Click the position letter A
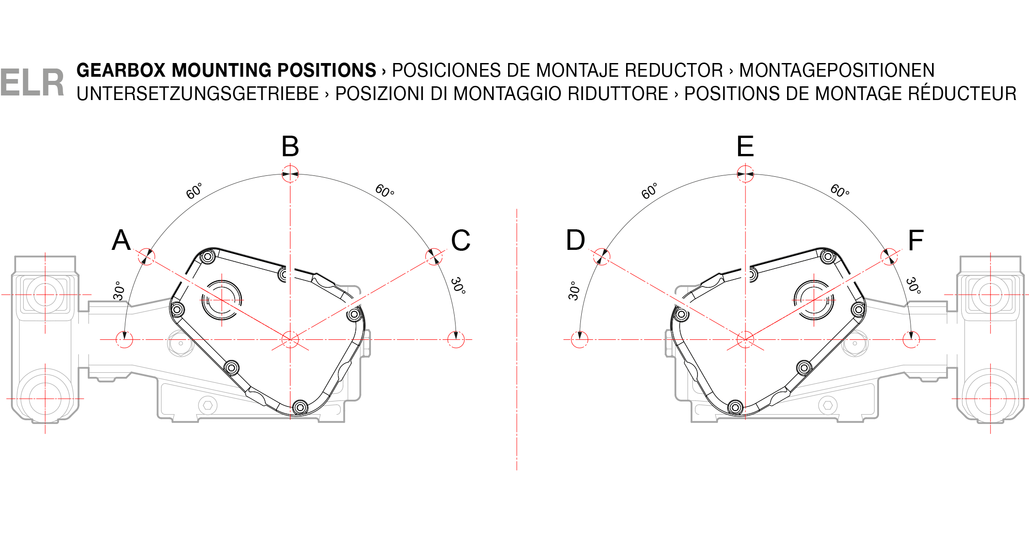121,240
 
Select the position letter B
290,147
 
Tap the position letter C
461,240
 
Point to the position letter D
575,240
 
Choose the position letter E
745,147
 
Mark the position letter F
916,240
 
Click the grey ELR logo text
32,83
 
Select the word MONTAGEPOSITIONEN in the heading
837,70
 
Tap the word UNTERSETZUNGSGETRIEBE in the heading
198,94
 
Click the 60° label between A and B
194,191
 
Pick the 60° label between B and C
385,190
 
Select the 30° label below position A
119,291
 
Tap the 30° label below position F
913,285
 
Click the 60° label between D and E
649,191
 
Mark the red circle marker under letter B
290,174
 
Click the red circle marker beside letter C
434,256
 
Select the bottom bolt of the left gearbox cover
300,407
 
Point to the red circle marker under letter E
745,174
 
